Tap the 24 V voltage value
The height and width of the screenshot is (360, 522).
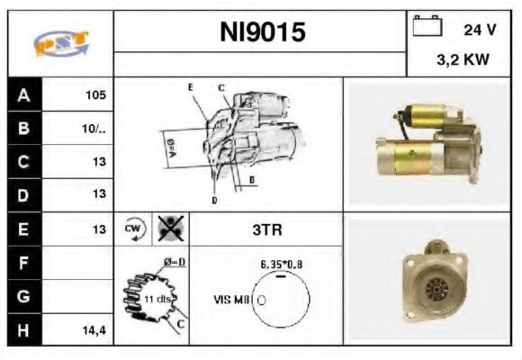click(480, 30)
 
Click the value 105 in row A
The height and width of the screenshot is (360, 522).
click(95, 94)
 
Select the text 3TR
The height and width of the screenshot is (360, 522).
click(266, 229)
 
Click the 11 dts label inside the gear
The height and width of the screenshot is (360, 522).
click(157, 298)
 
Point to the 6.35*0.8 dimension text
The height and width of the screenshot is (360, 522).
click(281, 265)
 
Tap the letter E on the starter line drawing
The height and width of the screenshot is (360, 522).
click(191, 87)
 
